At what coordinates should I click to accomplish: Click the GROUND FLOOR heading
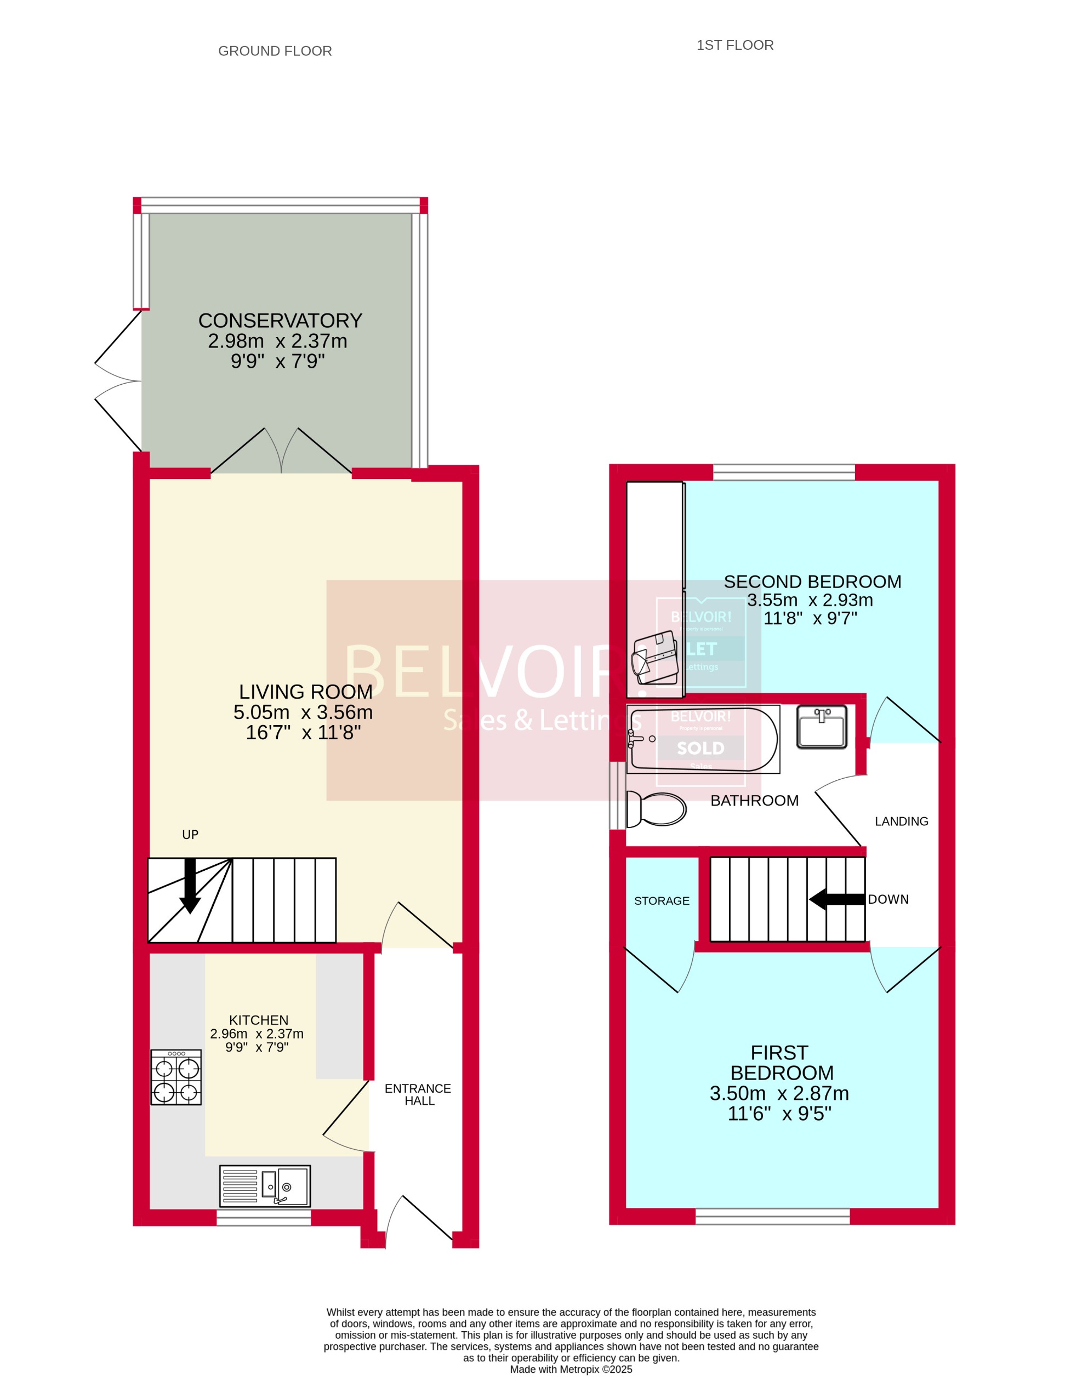[275, 51]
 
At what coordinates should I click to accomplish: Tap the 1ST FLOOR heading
[734, 45]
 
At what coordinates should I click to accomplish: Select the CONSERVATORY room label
[280, 321]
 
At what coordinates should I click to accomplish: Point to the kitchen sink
[264, 1185]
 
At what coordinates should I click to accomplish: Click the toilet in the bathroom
[656, 808]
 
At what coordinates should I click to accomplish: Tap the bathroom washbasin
[821, 727]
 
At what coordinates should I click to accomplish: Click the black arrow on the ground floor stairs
[190, 886]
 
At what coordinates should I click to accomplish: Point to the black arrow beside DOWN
[836, 899]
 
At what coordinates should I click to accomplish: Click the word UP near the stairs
[190, 835]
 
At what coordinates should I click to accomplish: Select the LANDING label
[901, 821]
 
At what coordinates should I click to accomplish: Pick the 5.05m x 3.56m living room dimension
[303, 712]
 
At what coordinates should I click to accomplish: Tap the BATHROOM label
[754, 801]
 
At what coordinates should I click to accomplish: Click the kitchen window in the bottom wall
[264, 1217]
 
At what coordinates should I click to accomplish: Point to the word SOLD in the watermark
[700, 748]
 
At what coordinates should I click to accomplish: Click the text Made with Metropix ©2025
[571, 1369]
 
